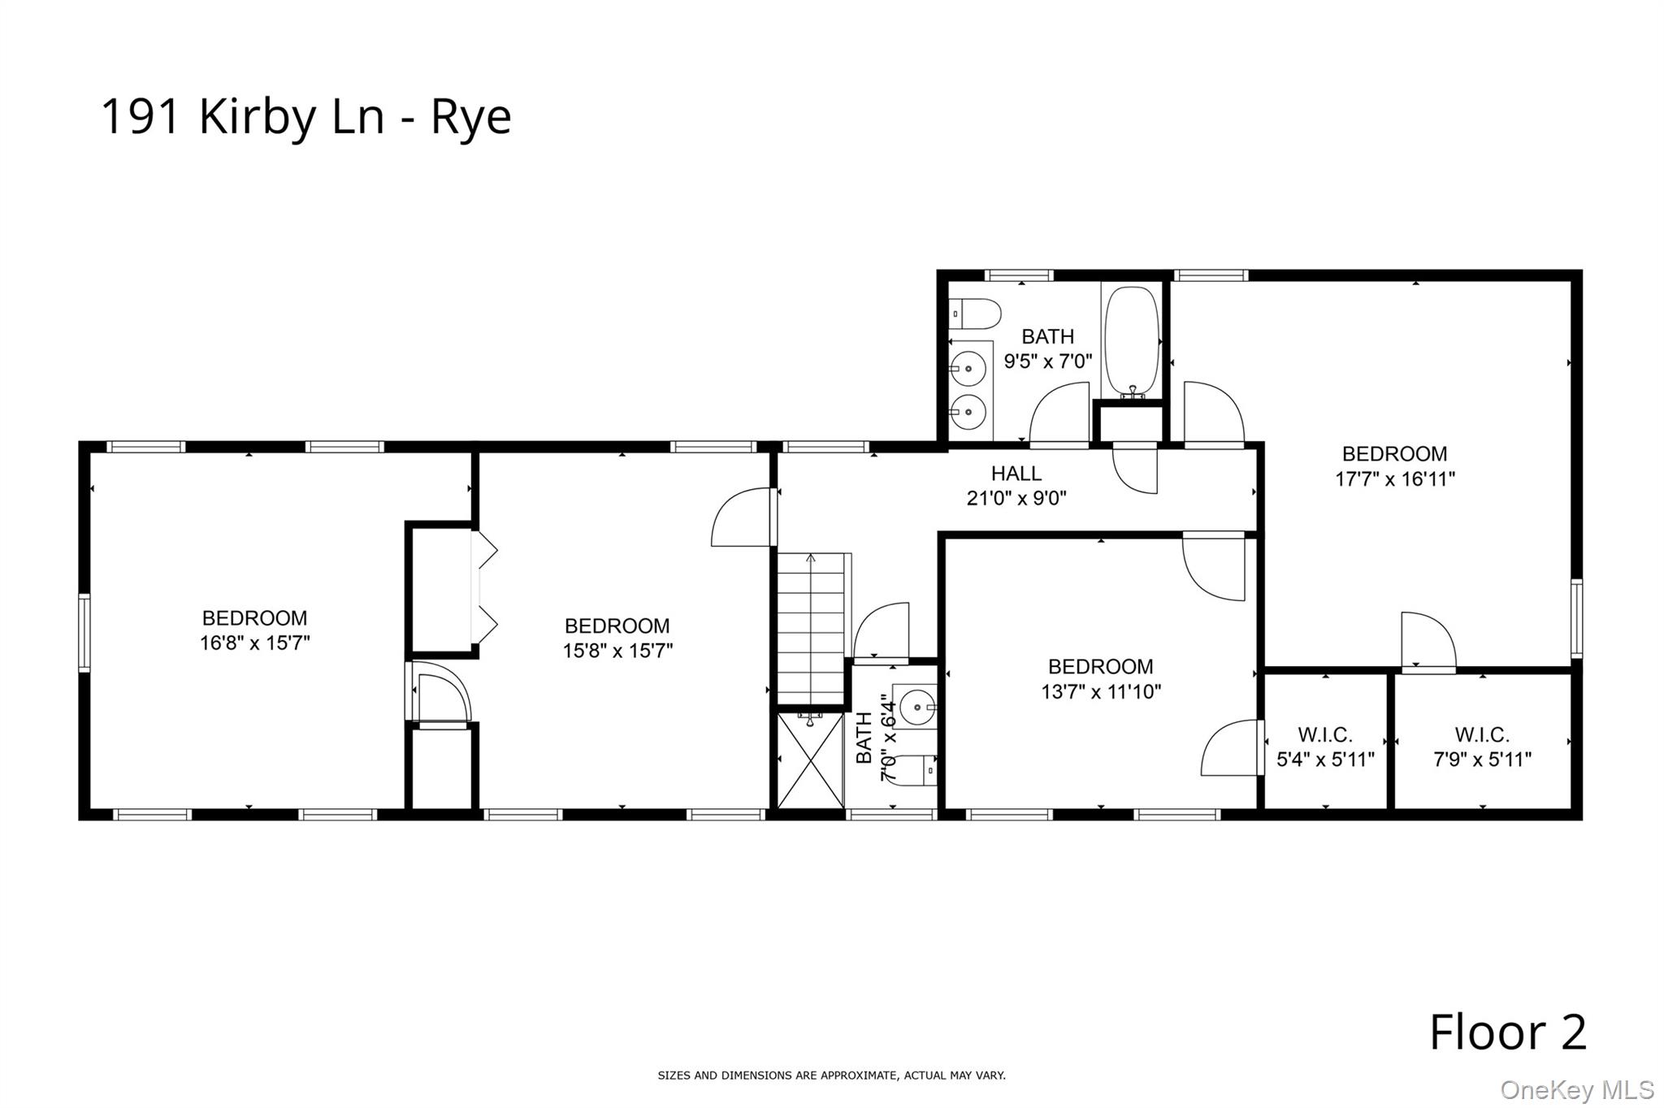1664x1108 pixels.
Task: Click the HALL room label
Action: click(x=1016, y=473)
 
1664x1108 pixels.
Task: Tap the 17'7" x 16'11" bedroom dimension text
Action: click(x=1394, y=479)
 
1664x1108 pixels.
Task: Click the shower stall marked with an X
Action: click(x=810, y=760)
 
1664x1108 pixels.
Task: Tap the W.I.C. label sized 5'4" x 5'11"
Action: click(x=1325, y=735)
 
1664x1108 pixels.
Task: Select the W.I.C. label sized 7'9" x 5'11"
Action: click(x=1482, y=735)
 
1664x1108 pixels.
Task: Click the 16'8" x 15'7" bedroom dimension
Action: click(x=254, y=643)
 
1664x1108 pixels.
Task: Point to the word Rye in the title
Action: click(x=470, y=118)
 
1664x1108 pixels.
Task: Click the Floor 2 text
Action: click(x=1507, y=1032)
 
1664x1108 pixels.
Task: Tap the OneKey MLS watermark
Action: click(x=1576, y=1089)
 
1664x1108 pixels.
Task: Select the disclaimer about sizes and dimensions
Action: click(x=831, y=1076)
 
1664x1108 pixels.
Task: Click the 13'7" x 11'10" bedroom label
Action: click(x=1100, y=667)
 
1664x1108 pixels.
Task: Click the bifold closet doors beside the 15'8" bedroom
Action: click(x=485, y=588)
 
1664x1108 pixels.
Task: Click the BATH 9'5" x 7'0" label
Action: click(x=1047, y=336)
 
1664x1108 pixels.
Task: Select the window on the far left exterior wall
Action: click(x=84, y=633)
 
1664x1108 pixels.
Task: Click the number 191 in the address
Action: click(x=139, y=116)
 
